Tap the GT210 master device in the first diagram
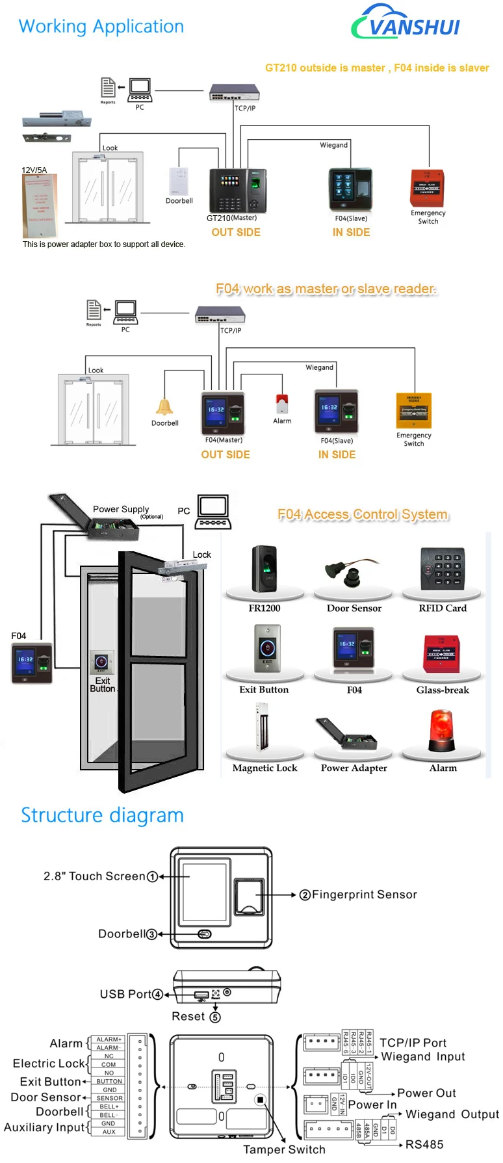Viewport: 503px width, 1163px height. (238, 190)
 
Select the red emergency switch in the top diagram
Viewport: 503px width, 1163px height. (427, 189)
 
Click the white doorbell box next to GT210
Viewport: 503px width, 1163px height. (179, 181)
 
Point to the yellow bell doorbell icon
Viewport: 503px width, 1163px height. (164, 407)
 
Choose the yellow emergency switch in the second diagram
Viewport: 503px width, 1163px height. (414, 411)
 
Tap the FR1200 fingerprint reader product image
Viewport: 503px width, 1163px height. (264, 569)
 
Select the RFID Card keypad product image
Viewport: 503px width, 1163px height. (443, 568)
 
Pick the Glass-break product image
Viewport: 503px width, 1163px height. (443, 653)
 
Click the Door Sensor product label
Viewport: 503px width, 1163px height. (354, 608)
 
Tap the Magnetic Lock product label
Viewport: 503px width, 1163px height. (265, 768)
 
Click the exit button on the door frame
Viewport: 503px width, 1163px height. (101, 662)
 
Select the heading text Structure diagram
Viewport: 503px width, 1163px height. (102, 815)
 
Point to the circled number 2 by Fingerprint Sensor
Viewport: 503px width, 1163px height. (305, 895)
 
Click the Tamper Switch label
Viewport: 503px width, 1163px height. (284, 1149)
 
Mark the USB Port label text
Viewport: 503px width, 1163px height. (125, 994)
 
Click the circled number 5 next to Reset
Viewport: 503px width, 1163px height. (215, 1017)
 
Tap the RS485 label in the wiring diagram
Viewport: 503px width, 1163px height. (424, 1145)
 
